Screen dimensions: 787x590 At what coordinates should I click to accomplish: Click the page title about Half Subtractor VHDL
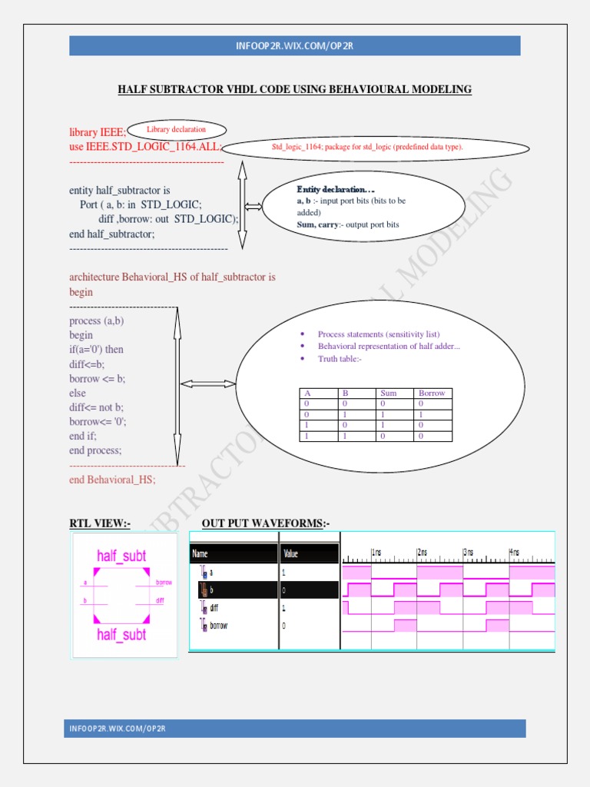pos(294,90)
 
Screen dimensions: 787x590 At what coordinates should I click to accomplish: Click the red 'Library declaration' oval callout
pos(177,130)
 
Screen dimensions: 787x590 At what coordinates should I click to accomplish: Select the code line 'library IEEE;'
pos(98,132)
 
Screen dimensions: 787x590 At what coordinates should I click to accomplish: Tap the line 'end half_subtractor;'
pos(111,234)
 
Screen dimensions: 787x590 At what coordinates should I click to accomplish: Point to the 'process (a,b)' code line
pos(96,320)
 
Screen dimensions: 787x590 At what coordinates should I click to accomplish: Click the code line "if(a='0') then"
pos(96,350)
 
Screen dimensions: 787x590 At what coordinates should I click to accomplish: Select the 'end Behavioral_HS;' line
pos(112,479)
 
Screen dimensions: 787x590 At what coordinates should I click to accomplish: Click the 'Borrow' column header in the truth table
pos(432,393)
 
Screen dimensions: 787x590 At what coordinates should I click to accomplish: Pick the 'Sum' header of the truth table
pos(389,393)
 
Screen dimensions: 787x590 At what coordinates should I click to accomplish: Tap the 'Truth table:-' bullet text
pos(339,359)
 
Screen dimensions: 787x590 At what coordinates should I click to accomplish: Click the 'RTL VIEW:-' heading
pos(100,523)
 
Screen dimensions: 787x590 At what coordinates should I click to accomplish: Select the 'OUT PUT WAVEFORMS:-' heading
pos(265,523)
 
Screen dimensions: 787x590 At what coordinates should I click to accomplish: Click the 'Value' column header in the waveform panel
pos(291,553)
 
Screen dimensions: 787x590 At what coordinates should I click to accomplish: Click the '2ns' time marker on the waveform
pos(423,552)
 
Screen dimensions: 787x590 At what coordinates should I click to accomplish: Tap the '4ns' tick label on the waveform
pos(514,552)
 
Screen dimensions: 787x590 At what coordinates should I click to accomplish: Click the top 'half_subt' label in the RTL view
pos(121,555)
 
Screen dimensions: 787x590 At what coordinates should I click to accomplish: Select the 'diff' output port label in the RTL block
pos(160,599)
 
